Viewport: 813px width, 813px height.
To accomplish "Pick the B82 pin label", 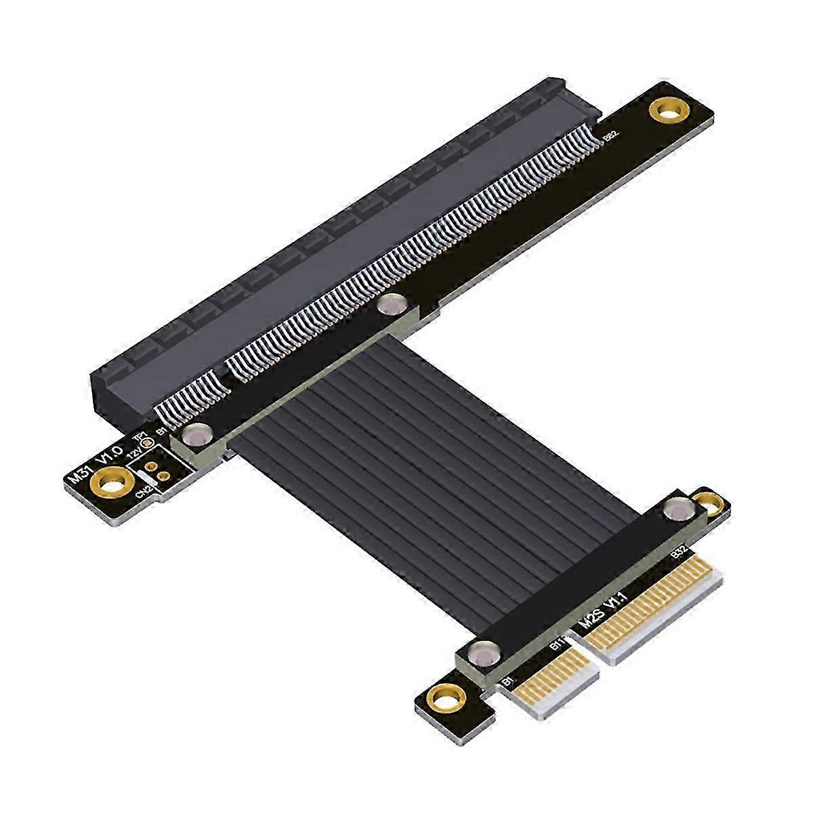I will click(x=610, y=137).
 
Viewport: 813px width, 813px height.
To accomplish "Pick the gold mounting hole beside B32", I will click(x=710, y=502).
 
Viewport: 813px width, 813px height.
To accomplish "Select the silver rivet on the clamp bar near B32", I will click(x=675, y=509).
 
